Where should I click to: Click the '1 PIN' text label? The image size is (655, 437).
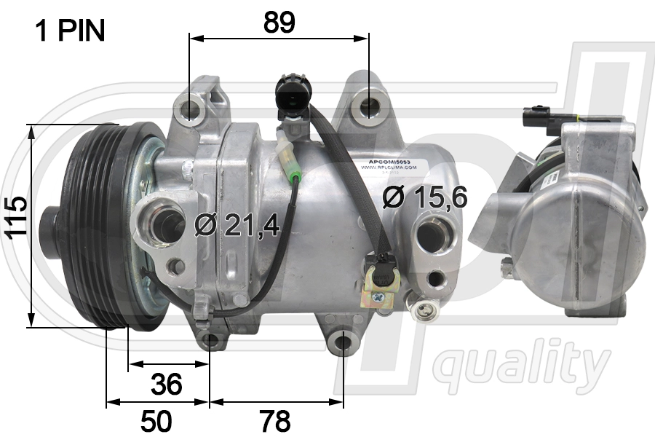[x=71, y=31]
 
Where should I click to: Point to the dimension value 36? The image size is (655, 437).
[x=167, y=384]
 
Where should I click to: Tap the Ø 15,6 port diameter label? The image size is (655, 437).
[x=425, y=197]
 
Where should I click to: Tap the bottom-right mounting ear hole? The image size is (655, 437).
[x=344, y=342]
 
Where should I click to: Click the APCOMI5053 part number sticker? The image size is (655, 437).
[x=389, y=161]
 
